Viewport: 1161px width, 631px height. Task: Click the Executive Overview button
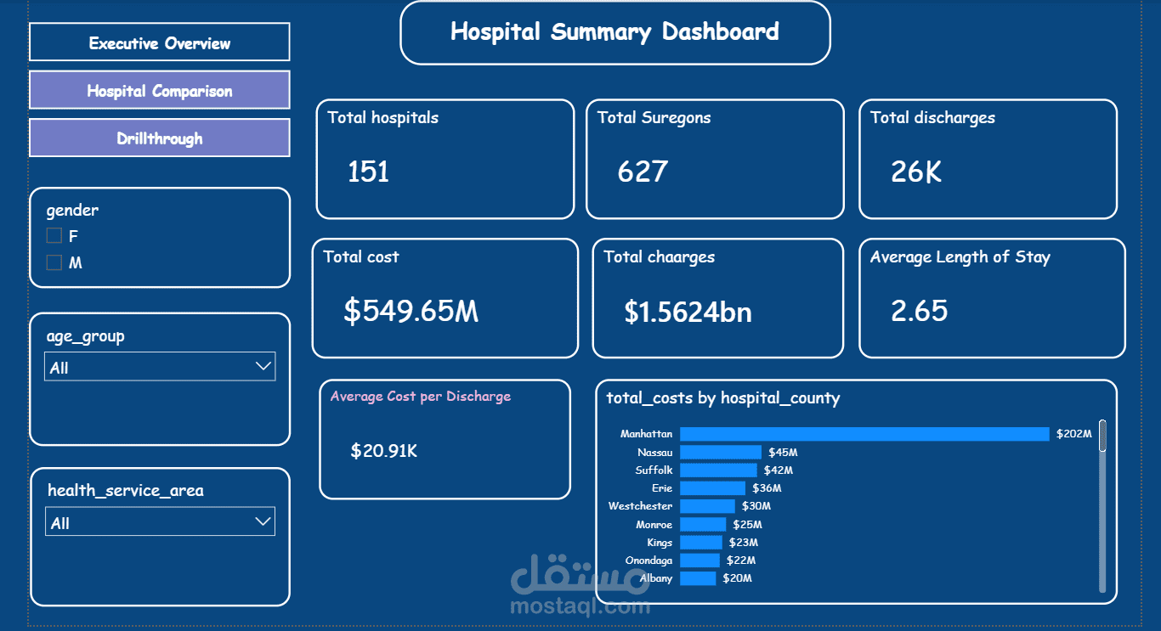pos(159,42)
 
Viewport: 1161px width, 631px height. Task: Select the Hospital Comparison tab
pos(159,90)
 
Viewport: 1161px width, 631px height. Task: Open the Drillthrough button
pos(159,138)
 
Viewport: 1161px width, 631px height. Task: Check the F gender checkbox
pos(54,236)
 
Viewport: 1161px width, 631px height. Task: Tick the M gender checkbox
pos(54,262)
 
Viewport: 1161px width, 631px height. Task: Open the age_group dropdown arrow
pos(263,366)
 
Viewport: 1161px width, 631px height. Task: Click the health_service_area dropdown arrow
pos(263,521)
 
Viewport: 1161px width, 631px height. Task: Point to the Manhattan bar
pos(864,434)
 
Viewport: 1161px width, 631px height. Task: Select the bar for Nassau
pos(721,452)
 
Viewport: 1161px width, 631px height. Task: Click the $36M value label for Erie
pos(767,488)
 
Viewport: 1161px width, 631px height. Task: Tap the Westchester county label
pos(640,506)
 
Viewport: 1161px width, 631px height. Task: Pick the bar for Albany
pos(698,578)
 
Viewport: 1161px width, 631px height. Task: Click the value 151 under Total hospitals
pos(368,172)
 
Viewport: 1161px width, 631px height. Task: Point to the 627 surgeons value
pos(643,172)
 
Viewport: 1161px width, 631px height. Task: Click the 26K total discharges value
pos(916,172)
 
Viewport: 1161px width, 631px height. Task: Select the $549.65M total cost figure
pos(411,311)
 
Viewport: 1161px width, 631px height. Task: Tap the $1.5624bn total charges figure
pos(688,312)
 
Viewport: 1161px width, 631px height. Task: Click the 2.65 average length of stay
pos(919,311)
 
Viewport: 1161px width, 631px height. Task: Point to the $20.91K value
pos(383,451)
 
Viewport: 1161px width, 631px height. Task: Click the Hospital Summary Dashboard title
pos(614,32)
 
